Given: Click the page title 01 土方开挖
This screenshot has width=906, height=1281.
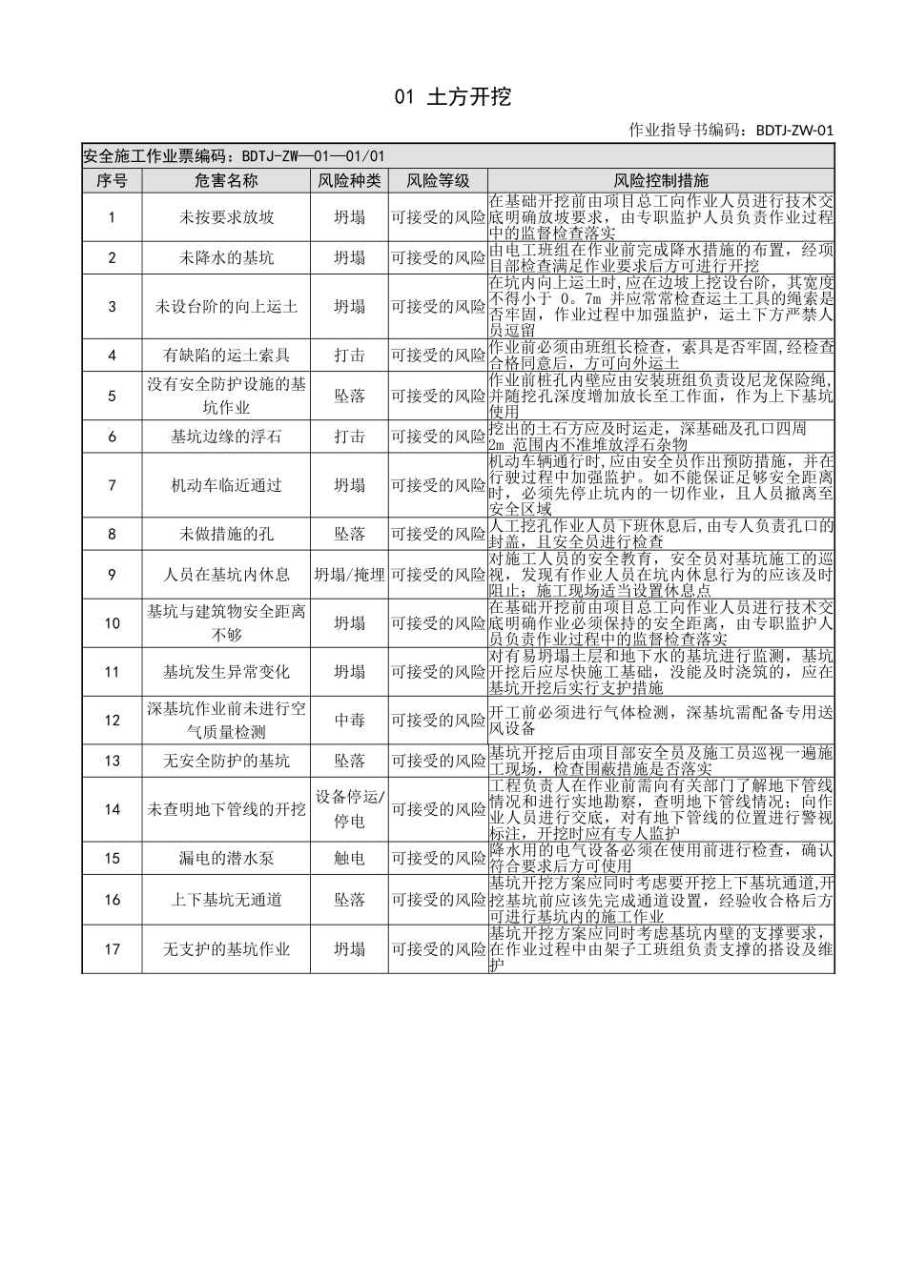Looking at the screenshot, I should (x=453, y=96).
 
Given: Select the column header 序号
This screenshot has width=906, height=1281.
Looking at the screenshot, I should (x=112, y=180).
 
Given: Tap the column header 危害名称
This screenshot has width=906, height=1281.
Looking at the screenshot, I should (x=227, y=180).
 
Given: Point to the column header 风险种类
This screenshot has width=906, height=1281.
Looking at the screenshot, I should (x=349, y=180).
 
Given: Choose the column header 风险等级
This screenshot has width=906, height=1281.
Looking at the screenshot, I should (x=438, y=180).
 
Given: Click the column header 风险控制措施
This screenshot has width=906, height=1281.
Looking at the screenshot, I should (x=661, y=180).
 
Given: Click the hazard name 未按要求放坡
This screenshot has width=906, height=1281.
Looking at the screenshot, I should (x=227, y=217).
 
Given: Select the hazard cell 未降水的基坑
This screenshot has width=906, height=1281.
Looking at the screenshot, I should (x=227, y=257).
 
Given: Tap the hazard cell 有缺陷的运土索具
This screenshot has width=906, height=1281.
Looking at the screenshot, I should (x=227, y=356).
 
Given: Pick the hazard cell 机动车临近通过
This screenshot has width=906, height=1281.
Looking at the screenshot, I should (x=227, y=485).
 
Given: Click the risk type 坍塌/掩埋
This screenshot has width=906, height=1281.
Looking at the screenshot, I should (x=349, y=575).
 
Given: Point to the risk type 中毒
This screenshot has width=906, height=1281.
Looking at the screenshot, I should (x=349, y=721).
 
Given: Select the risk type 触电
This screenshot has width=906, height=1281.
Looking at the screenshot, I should (x=349, y=858).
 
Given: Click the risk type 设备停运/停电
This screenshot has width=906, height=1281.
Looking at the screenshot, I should (x=349, y=809).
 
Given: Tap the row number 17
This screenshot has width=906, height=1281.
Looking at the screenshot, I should (x=112, y=949).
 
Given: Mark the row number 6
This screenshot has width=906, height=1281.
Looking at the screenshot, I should (x=112, y=437).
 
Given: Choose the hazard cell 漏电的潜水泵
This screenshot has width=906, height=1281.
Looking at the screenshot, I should (x=227, y=858).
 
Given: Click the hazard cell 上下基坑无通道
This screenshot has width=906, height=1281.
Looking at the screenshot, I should (x=227, y=900).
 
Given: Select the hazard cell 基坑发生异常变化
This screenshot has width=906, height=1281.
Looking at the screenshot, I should (x=227, y=672).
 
